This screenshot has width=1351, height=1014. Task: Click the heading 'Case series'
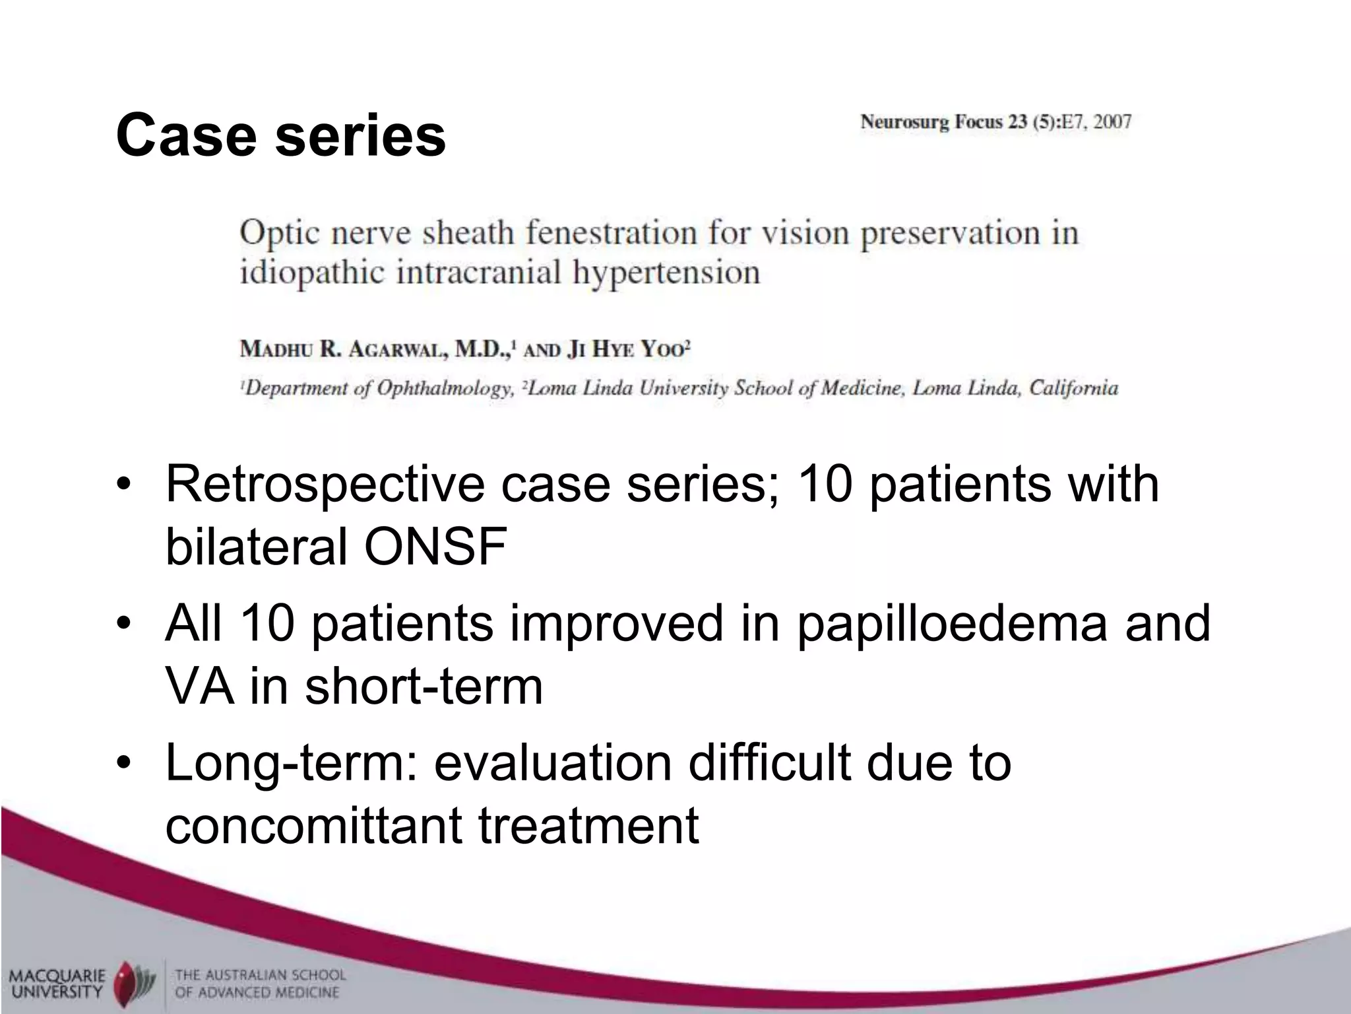tap(280, 135)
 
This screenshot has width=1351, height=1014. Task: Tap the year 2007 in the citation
tap(1112, 122)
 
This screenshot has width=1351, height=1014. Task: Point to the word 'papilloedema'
tap(951, 624)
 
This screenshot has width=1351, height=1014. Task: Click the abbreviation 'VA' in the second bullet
tap(199, 687)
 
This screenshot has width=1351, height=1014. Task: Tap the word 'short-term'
tap(424, 687)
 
